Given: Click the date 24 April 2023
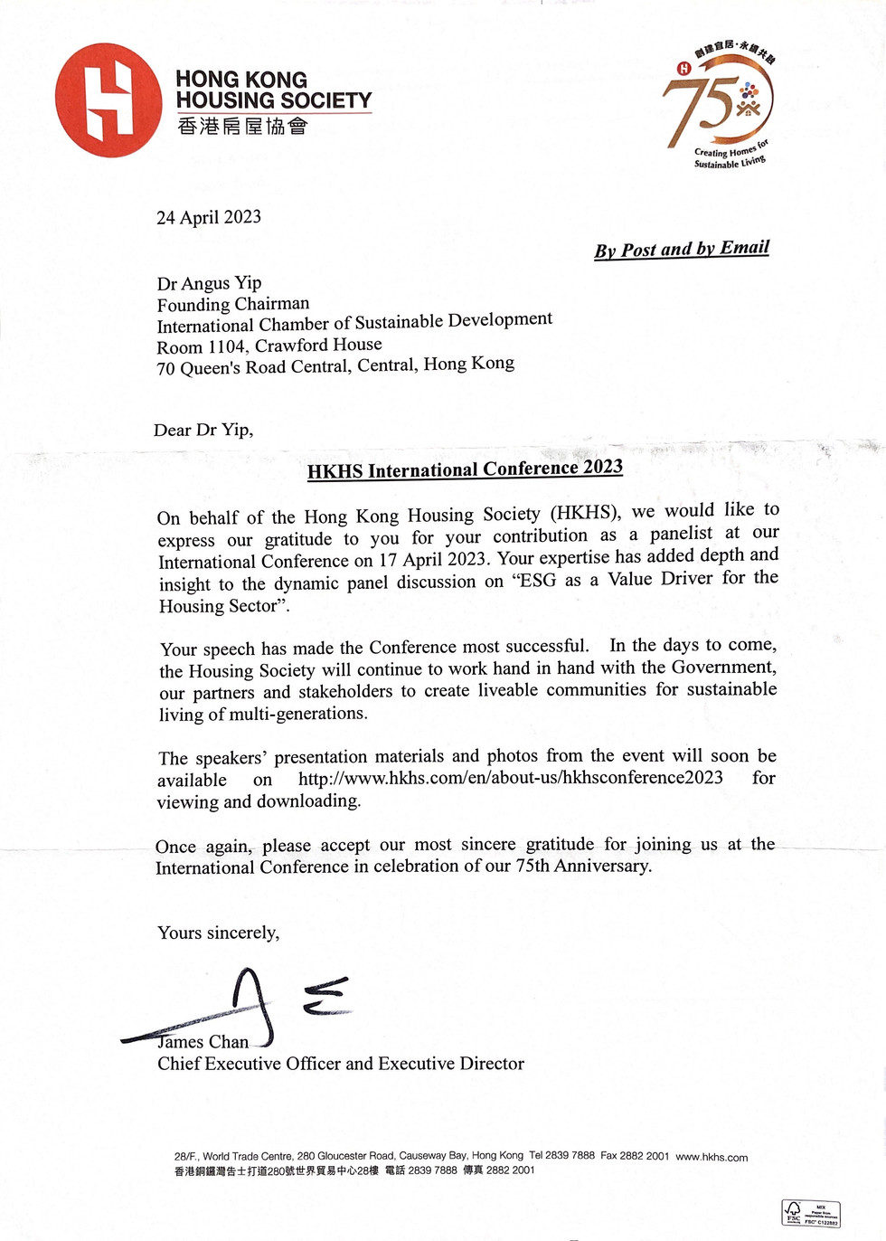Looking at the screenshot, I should (209, 217).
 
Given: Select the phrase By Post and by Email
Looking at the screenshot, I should (682, 249).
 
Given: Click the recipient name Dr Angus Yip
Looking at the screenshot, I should (209, 283).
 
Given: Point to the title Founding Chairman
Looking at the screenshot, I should (233, 304).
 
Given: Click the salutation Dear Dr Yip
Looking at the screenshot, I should (203, 430).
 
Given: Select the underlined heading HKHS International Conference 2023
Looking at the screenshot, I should (465, 469).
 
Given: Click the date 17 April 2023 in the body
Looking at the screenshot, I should (432, 559).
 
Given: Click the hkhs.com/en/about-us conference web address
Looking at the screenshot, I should (511, 778).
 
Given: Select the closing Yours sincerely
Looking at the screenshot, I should (218, 933).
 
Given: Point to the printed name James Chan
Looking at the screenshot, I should (203, 1042).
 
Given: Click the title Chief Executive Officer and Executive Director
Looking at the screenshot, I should (340, 1064).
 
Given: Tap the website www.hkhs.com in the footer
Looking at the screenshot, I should (712, 1157).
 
